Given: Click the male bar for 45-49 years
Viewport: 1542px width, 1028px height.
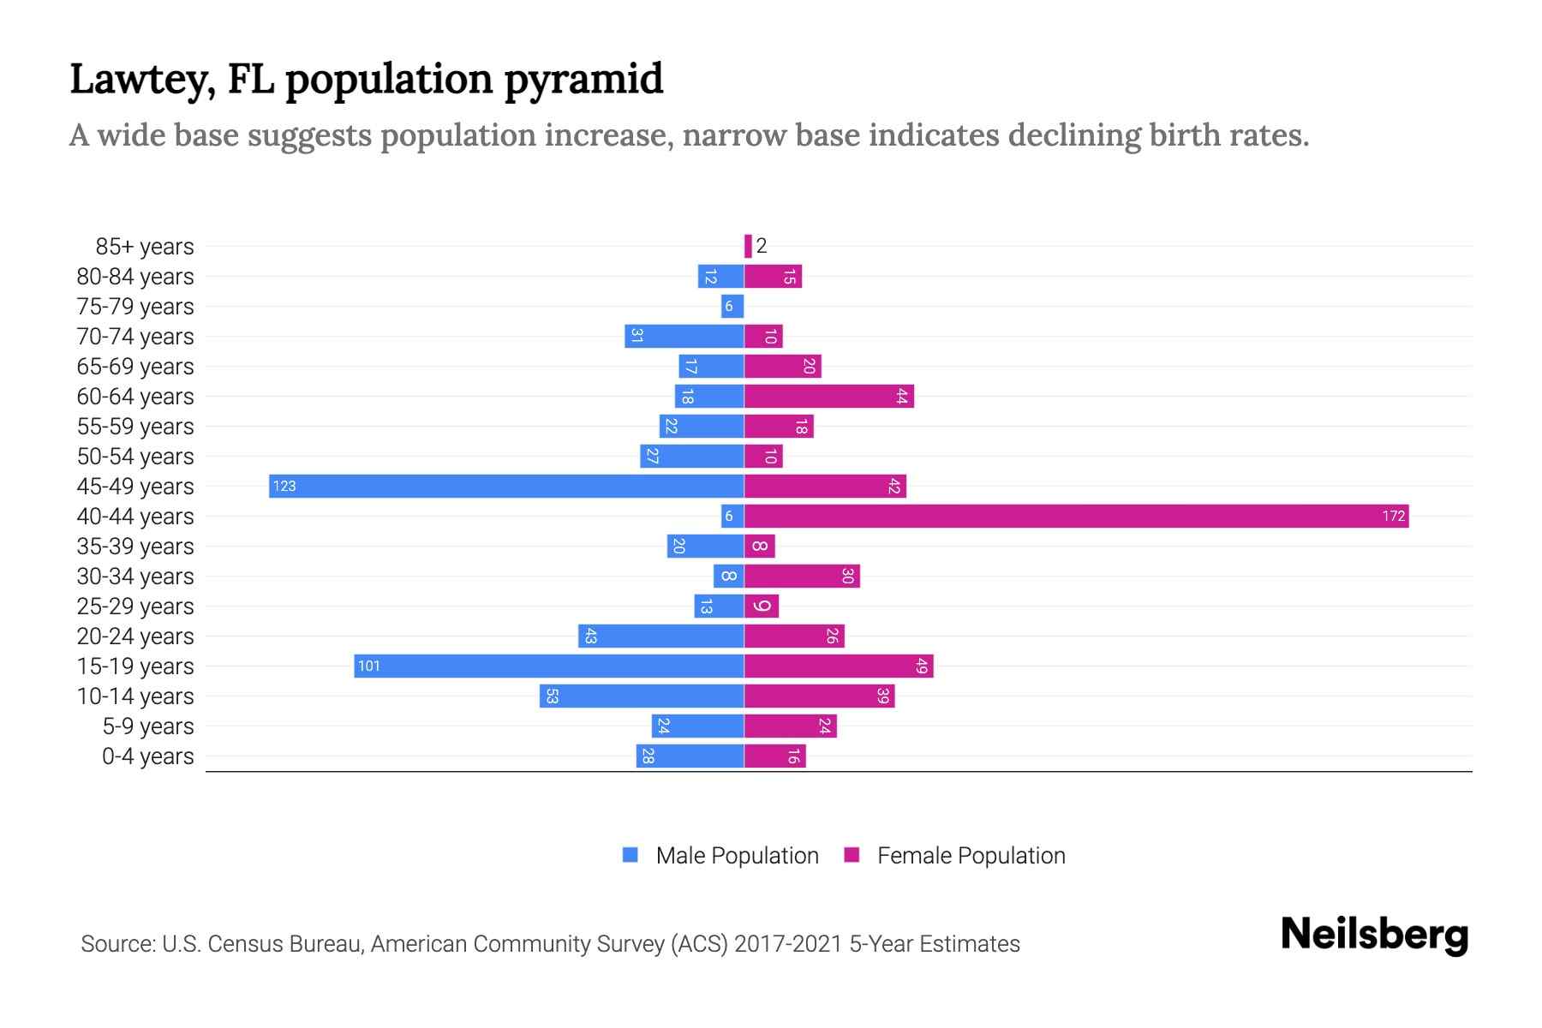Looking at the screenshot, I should pos(505,486).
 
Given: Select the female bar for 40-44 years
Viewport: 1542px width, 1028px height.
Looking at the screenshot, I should pos(1075,516).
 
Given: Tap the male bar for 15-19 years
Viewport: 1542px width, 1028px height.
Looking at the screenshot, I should pos(548,666).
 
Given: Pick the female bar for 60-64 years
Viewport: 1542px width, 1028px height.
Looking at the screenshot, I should pos(828,396).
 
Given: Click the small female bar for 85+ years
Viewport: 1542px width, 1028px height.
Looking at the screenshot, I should pos(748,246).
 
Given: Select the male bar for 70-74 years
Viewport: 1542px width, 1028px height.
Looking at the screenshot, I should pos(684,336).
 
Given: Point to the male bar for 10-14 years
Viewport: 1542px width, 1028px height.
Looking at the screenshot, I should pos(641,696).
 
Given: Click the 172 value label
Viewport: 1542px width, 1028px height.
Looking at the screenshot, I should pos(1393,516).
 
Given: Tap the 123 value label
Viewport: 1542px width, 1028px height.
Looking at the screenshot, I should pos(284,486).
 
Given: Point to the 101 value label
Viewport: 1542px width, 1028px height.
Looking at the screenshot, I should pos(368,666).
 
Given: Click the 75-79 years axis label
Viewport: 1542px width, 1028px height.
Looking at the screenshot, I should pos(135,306).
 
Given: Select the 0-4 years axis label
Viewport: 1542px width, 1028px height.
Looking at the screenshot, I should pos(147,756).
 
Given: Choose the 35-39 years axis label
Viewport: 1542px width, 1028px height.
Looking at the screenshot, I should pos(135,546).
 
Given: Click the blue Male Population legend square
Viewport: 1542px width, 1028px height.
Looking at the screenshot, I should pos(631,855).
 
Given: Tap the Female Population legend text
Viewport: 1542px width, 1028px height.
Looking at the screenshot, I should pos(971,855).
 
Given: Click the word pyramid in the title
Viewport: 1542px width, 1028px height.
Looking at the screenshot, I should pos(583,80).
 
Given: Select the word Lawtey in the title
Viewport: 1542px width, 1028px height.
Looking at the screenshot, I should pos(142,80).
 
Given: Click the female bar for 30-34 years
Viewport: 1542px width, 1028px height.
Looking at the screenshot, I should pos(801,576).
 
